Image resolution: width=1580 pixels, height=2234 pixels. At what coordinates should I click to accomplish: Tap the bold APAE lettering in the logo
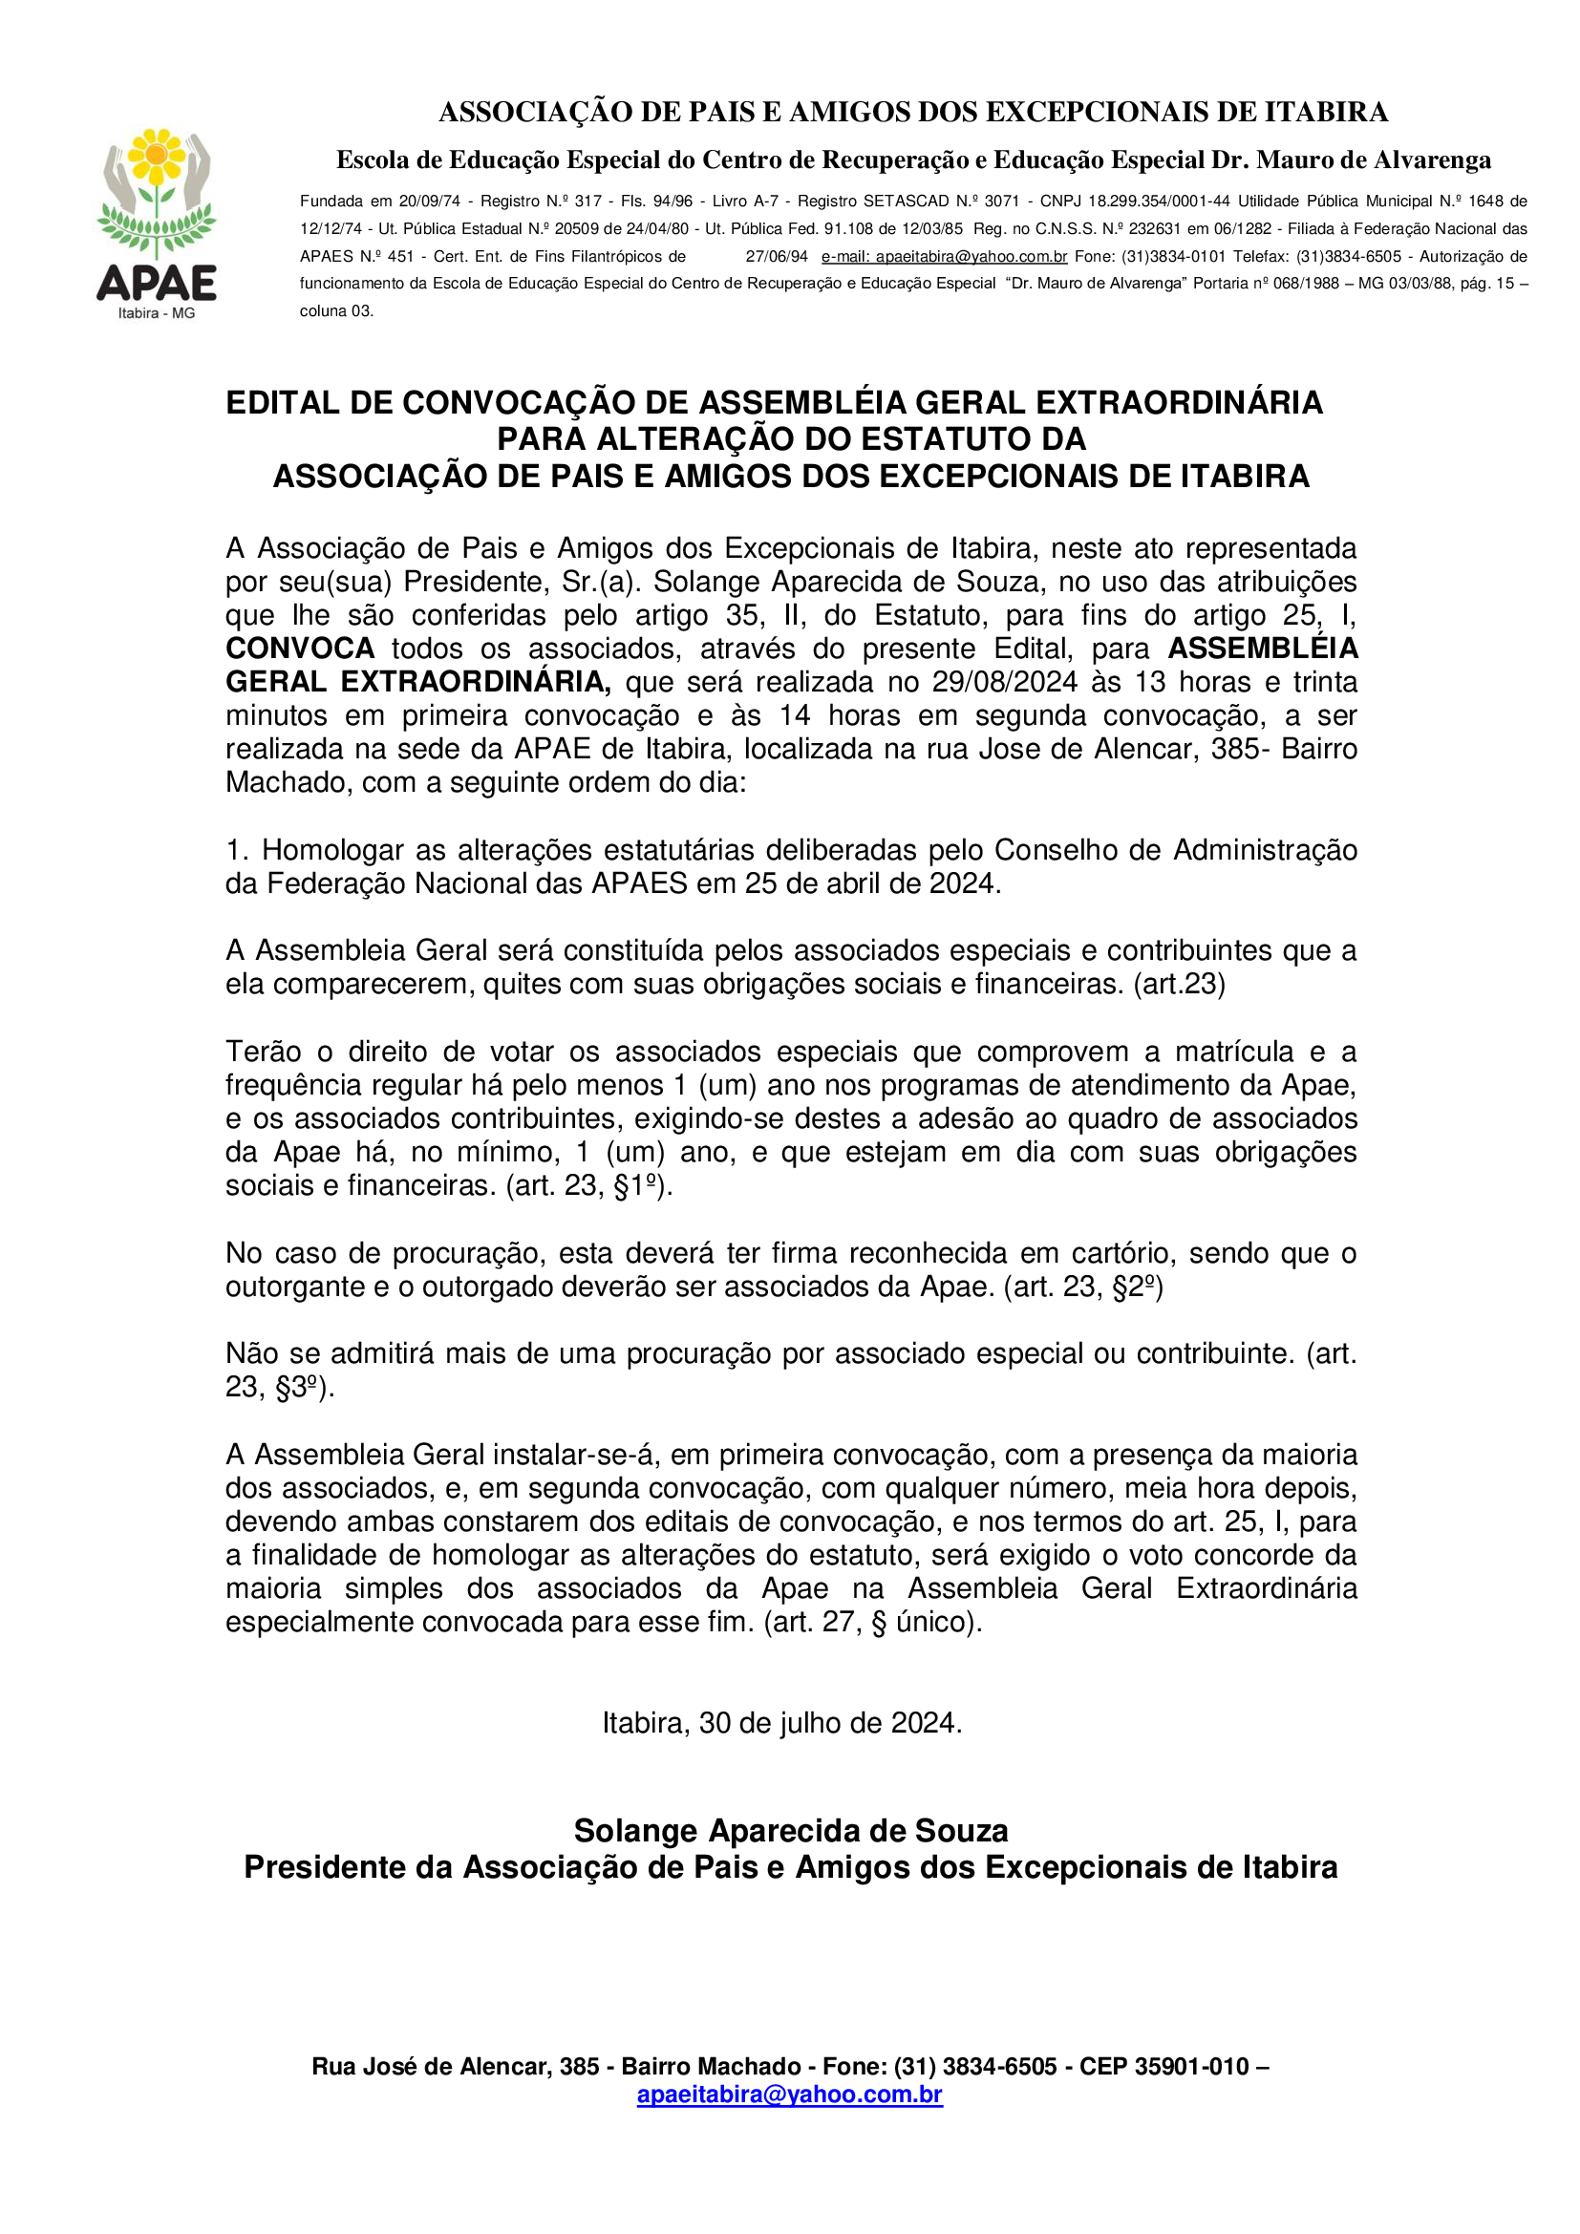157,283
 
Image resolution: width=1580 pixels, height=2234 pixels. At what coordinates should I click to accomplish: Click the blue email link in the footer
789,2094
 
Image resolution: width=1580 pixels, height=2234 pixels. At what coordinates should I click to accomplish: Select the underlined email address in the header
944,257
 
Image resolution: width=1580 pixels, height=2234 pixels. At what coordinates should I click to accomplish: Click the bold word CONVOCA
300,649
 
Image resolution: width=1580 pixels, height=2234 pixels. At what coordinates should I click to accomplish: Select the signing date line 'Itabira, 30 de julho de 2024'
781,1723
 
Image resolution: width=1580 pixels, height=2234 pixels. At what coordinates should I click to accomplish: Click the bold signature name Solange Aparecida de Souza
790,1831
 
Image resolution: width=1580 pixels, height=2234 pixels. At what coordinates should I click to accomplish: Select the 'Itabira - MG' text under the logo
157,313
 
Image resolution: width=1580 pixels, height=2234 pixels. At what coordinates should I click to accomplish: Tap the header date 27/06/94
777,257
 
